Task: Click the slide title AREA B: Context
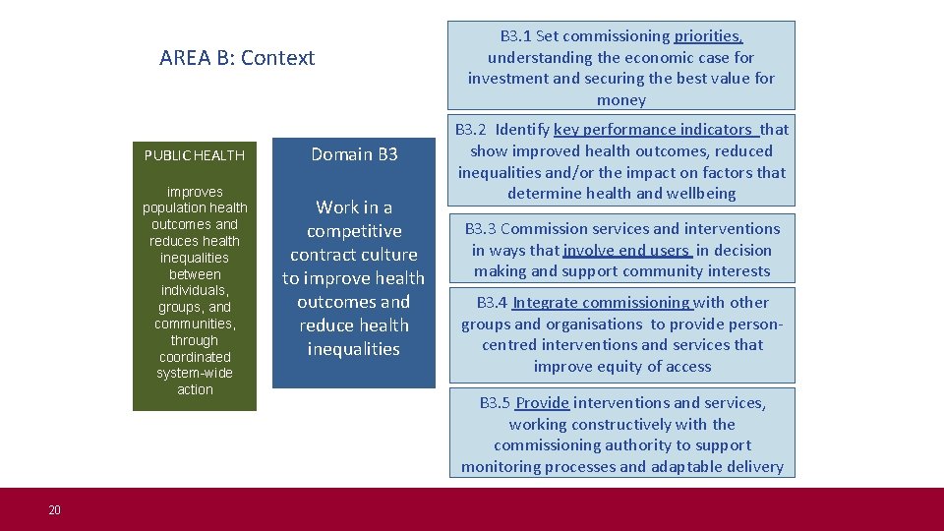tap(237, 58)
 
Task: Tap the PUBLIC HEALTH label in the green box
tap(194, 155)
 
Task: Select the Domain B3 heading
tap(354, 154)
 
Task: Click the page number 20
tap(54, 509)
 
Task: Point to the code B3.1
tap(515, 36)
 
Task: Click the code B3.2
tap(471, 130)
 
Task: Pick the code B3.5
tap(495, 403)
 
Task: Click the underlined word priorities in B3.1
tap(708, 36)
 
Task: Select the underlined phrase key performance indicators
tap(653, 130)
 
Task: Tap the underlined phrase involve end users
tap(625, 251)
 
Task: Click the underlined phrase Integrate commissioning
tap(602, 303)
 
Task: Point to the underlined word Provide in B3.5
tap(542, 403)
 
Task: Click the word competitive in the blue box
tap(354, 231)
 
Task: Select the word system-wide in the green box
tap(195, 374)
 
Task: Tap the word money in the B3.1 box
tap(621, 100)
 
